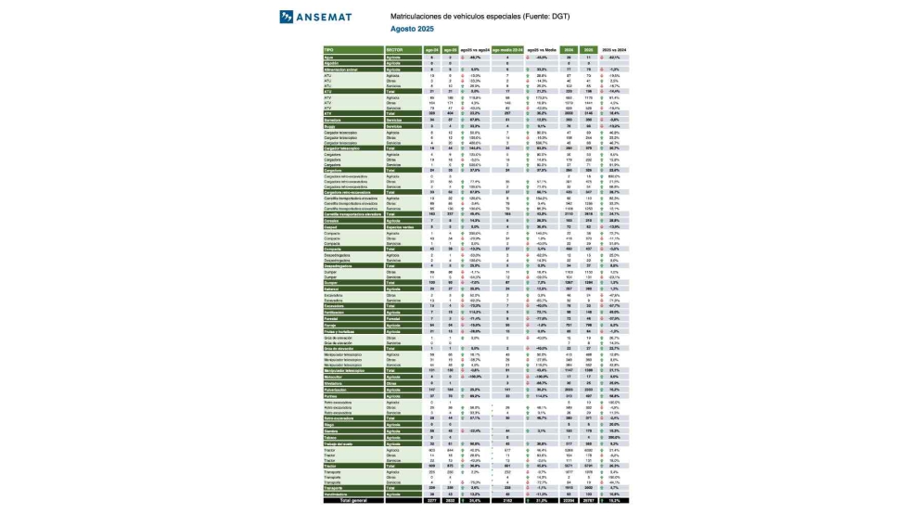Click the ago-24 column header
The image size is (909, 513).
(430, 50)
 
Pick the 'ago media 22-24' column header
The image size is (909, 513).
(507, 50)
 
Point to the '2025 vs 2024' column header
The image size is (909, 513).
(615, 50)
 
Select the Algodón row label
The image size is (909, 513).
(330, 62)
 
